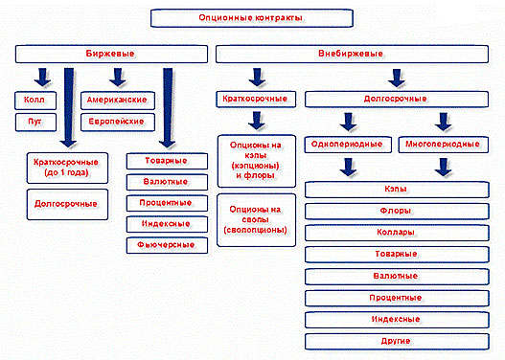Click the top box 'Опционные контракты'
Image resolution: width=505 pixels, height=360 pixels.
(252, 18)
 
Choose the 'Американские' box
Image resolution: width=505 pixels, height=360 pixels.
(116, 100)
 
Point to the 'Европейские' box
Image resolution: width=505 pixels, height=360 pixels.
(116, 122)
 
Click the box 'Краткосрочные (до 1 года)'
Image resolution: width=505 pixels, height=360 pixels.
(60, 168)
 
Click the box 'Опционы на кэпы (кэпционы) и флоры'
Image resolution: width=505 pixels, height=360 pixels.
(251, 159)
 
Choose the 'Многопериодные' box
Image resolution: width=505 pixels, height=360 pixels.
(442, 144)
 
